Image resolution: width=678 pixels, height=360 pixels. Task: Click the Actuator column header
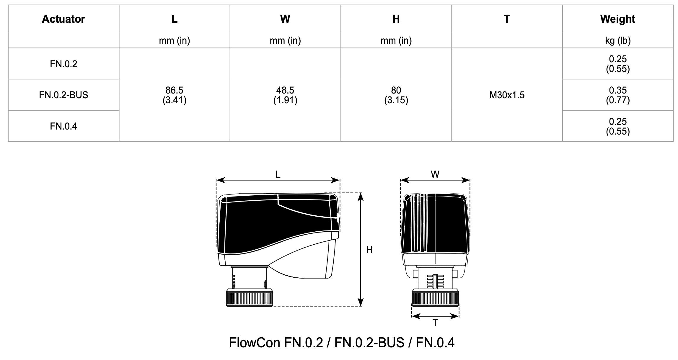(x=63, y=19)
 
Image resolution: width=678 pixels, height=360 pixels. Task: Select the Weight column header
(x=617, y=19)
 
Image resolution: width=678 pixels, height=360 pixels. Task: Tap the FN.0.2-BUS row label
(x=63, y=95)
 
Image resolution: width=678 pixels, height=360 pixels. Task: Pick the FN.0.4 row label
(x=63, y=126)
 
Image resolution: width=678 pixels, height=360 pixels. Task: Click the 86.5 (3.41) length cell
(x=175, y=95)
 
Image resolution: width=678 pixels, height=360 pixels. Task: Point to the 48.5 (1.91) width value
(x=285, y=95)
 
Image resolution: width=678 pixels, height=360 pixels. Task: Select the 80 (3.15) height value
(x=396, y=95)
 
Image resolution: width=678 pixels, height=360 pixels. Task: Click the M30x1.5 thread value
(x=507, y=95)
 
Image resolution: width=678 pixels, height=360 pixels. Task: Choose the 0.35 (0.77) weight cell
(x=617, y=95)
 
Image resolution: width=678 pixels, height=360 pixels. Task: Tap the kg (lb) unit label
(x=617, y=40)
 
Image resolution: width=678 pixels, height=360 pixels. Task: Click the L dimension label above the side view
(x=278, y=175)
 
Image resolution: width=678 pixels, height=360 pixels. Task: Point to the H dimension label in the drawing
(x=369, y=250)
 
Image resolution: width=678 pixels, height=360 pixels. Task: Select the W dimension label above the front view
(x=435, y=174)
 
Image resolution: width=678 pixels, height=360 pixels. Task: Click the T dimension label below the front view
(x=435, y=323)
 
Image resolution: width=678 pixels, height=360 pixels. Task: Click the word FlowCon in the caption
(x=255, y=343)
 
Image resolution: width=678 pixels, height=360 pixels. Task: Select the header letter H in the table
(x=396, y=19)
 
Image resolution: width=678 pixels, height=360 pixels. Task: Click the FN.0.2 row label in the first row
(x=63, y=64)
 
